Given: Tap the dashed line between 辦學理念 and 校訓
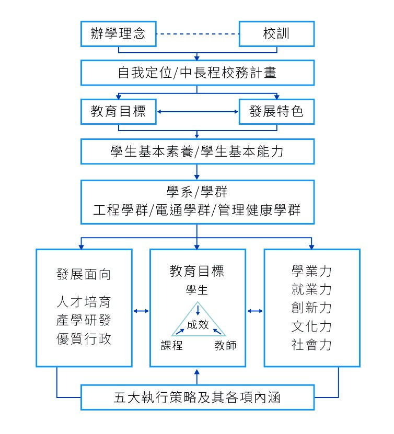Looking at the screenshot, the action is tap(198, 34).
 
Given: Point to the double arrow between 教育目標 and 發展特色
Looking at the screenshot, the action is tap(198, 112).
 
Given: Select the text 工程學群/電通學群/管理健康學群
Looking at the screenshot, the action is tap(197, 210).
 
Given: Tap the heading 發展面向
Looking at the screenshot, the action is tap(84, 274).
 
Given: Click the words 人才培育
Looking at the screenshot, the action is tap(84, 302).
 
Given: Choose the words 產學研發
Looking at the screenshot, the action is tap(84, 320).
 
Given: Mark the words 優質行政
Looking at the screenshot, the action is tap(84, 339).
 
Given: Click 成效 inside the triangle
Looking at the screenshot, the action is tap(198, 324).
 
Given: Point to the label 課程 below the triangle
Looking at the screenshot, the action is tap(172, 345).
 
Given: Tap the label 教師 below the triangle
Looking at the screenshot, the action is tap(225, 345).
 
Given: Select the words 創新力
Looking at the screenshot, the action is tap(311, 308).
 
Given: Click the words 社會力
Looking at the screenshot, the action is tap(311, 345).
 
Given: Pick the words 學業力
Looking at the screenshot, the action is tap(311, 271).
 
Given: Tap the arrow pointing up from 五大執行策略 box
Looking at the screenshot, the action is tap(197, 377).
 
